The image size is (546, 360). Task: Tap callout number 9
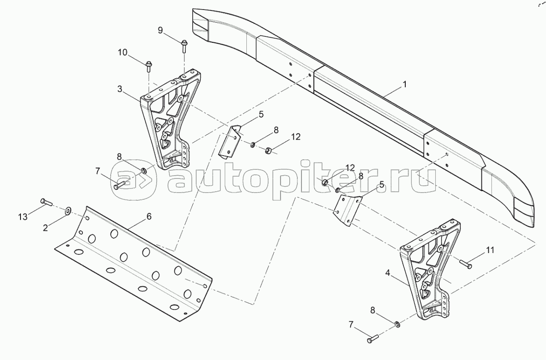point(160,30)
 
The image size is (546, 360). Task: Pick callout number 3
point(119,89)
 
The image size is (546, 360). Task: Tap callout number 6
point(148,217)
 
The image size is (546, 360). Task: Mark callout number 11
point(490,250)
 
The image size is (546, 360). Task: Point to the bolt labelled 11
point(464,262)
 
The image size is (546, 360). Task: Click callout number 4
point(388,273)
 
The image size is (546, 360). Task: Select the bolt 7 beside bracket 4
point(373,339)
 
